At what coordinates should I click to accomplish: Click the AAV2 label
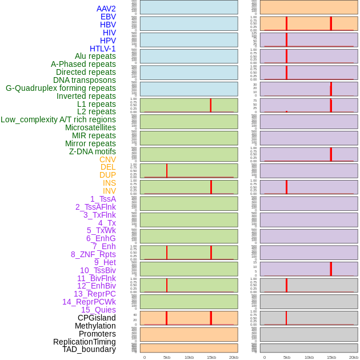point(106,9)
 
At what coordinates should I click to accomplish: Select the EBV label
point(107,17)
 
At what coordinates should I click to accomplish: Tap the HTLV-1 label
point(102,49)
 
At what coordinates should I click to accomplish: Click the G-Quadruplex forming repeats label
point(61,88)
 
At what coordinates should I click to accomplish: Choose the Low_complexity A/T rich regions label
point(58,119)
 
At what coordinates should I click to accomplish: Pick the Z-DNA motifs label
point(92,151)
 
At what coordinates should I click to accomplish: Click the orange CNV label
point(107,159)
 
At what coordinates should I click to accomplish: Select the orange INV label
point(109,191)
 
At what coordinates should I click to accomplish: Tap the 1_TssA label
point(103,199)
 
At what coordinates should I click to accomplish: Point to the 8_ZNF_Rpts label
point(93,254)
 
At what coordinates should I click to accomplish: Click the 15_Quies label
point(98,310)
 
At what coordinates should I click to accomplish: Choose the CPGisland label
point(97,318)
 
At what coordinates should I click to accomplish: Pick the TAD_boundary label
point(89,349)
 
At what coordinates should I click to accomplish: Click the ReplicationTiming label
point(85,342)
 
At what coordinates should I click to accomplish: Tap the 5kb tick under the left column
point(167,357)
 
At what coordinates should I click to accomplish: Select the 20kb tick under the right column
point(354,357)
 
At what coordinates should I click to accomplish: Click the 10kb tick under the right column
point(309,357)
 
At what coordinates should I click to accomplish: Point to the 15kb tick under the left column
point(211,357)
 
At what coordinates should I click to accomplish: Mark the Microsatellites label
point(90,127)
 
